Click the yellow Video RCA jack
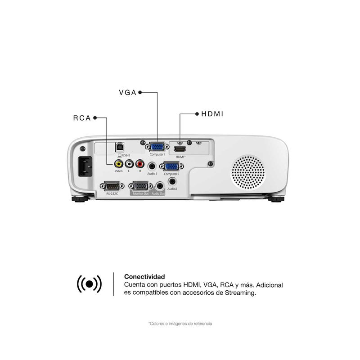pos(118,164)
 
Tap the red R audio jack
pos(139,164)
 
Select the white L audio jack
pos(129,164)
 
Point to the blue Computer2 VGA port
pos(171,166)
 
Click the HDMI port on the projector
pos(180,148)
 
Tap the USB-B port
pos(120,147)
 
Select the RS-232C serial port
pos(111,185)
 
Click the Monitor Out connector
pos(141,185)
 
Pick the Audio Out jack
pos(159,185)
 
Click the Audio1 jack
pos(152,166)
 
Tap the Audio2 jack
pos(172,181)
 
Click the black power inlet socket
pos(86,166)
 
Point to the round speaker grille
pos(249,171)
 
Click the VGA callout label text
pos(127,93)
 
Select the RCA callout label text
pos(82,118)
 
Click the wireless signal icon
pos(90,283)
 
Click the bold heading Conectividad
pos(144,277)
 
